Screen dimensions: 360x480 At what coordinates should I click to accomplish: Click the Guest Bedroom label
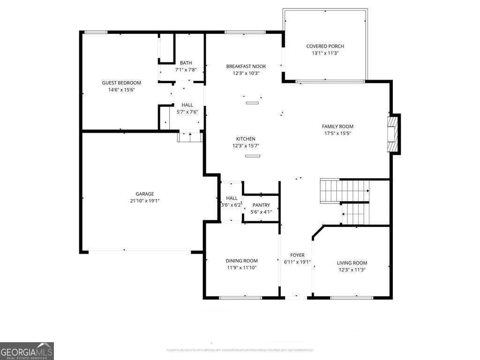(x=121, y=83)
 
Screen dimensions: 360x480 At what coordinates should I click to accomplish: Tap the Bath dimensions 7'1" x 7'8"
(x=186, y=70)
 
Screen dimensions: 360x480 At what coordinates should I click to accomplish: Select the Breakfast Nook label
(x=246, y=67)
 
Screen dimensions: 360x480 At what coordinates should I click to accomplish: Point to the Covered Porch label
(x=325, y=46)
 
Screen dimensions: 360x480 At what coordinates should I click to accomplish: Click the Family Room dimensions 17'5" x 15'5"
(x=337, y=133)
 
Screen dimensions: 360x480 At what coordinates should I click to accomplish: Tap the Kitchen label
(x=246, y=139)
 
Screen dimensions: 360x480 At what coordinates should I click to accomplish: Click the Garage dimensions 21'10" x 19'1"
(x=145, y=201)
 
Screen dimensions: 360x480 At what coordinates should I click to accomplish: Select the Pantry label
(x=261, y=205)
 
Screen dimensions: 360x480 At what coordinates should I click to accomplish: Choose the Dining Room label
(x=241, y=261)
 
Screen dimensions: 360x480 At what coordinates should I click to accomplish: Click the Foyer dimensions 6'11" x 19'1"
(x=297, y=262)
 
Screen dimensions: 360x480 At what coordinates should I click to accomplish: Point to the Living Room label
(x=352, y=263)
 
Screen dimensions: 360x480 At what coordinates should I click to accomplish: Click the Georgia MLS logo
(x=27, y=351)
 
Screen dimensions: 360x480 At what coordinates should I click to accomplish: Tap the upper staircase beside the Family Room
(x=344, y=190)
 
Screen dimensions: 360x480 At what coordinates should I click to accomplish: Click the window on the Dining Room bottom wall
(x=240, y=298)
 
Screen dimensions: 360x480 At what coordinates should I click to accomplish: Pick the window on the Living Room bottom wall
(x=352, y=298)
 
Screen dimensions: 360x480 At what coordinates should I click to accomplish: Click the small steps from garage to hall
(x=190, y=137)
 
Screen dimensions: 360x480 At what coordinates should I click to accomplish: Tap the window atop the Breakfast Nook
(x=246, y=32)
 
